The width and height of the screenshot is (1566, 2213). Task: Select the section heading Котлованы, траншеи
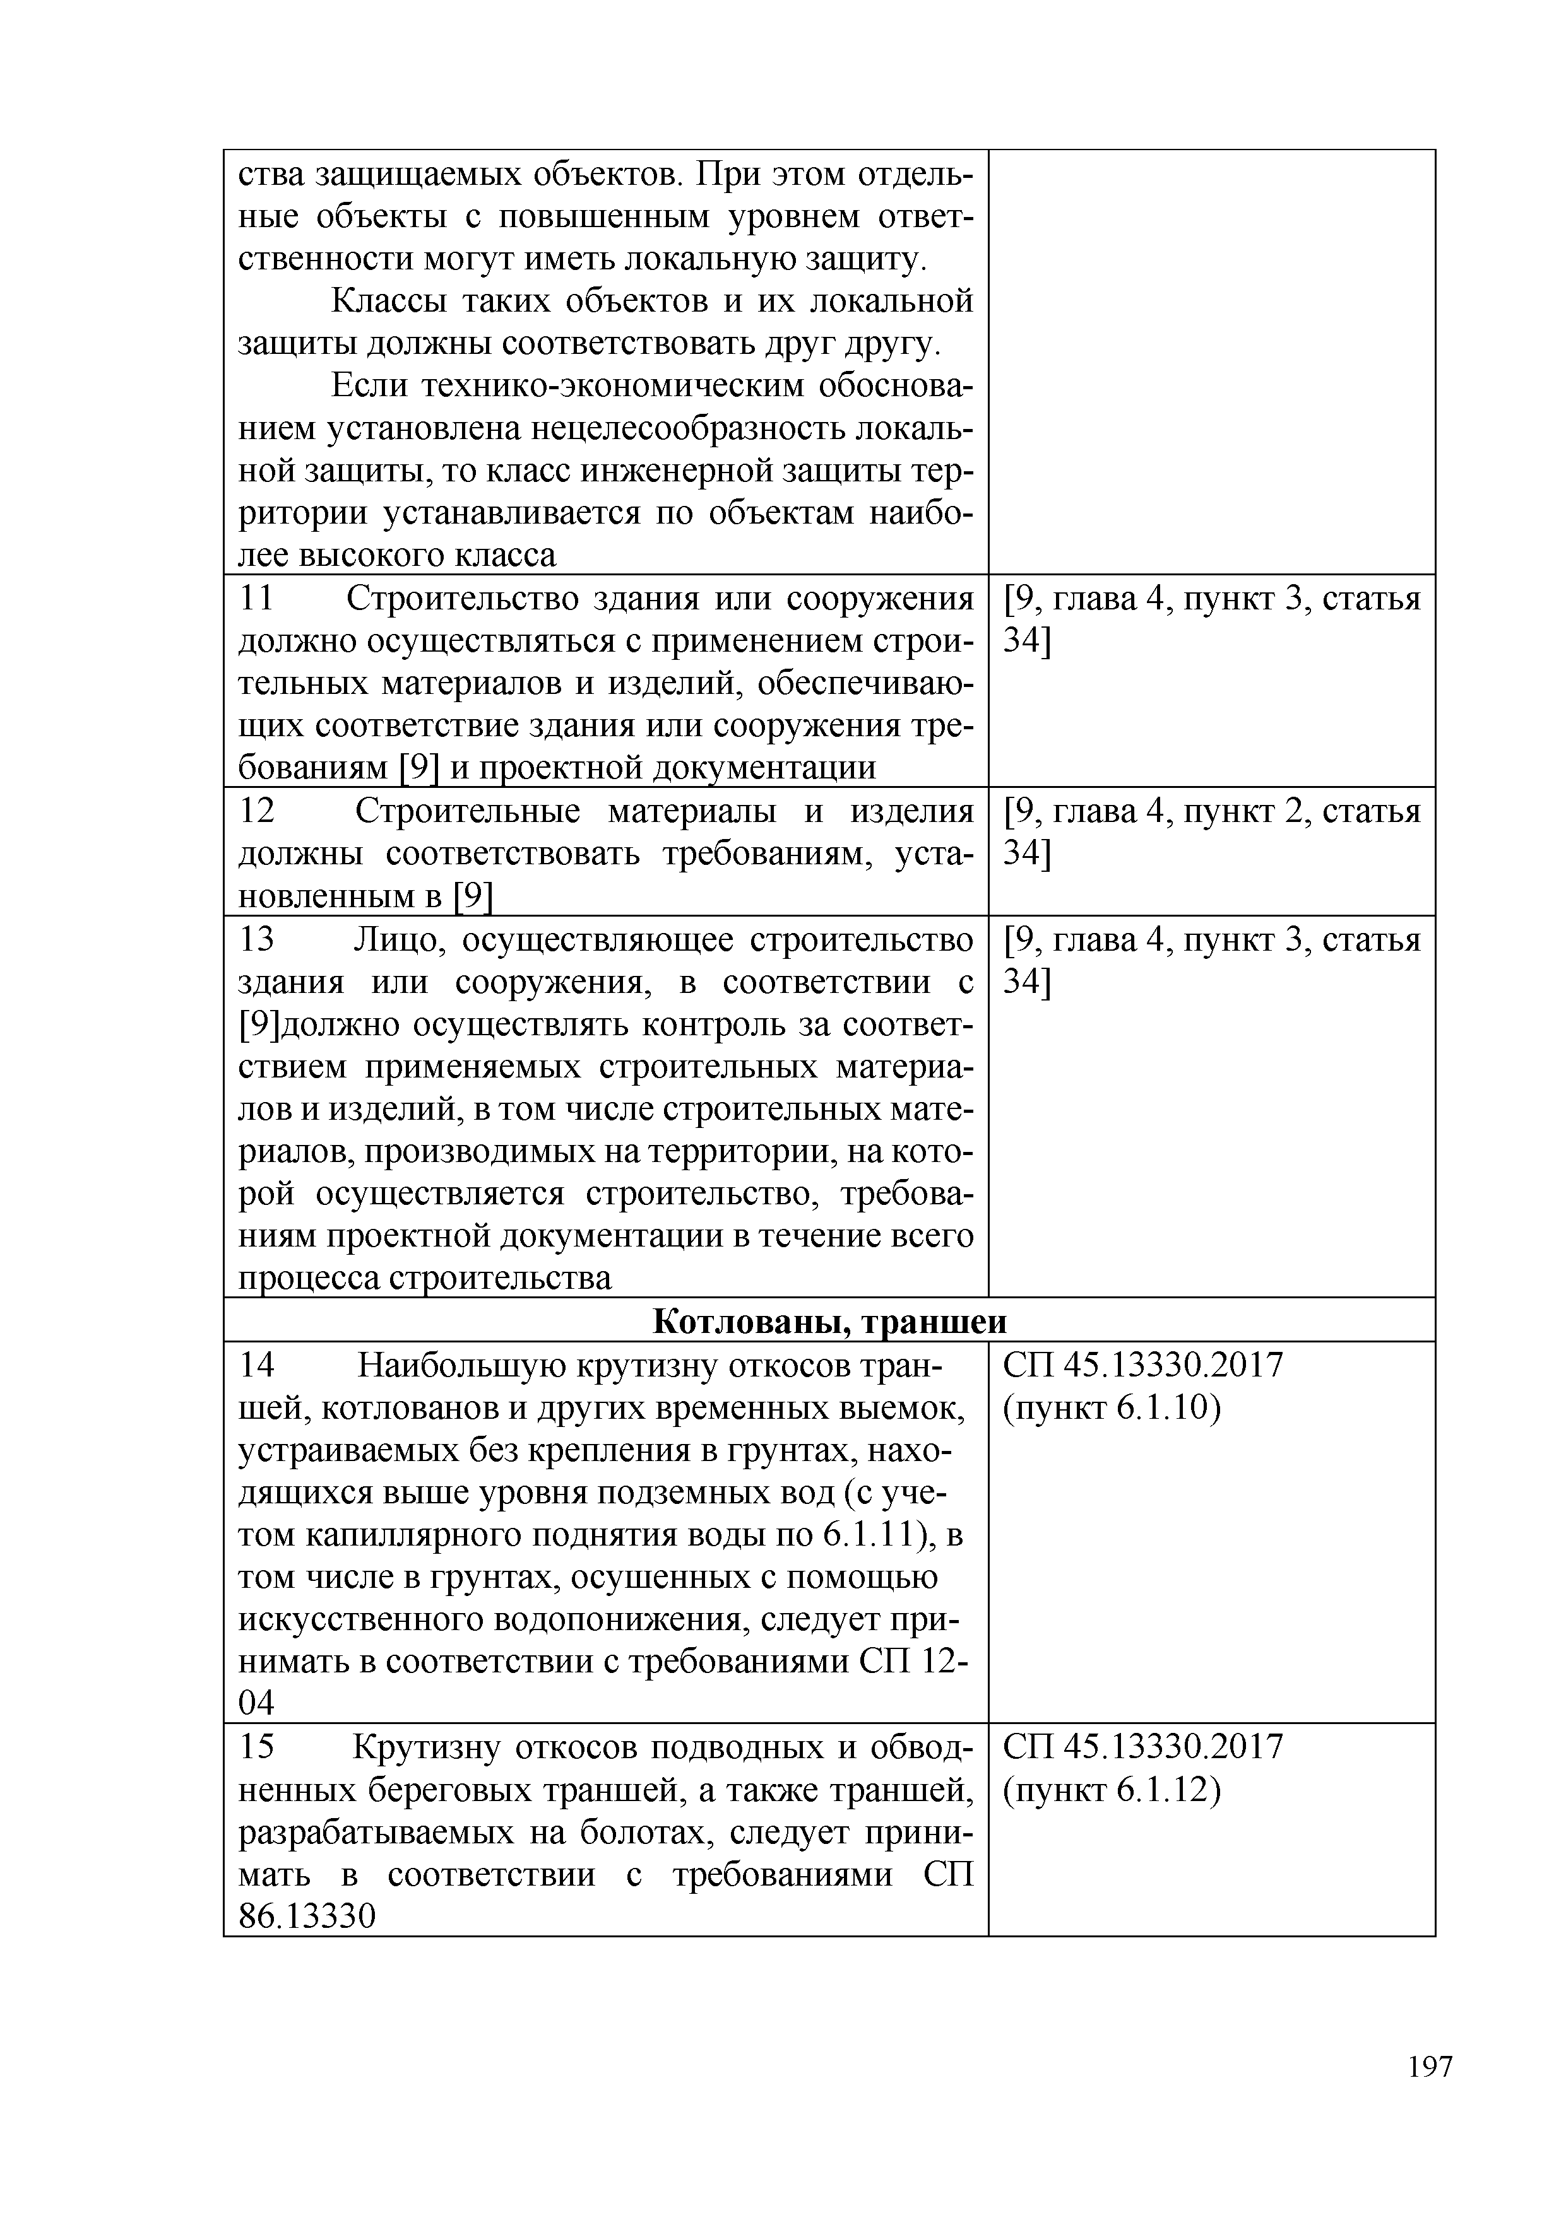pos(829,1322)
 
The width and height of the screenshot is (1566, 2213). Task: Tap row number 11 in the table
pos(256,599)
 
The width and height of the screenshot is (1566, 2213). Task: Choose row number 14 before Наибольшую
pos(256,1366)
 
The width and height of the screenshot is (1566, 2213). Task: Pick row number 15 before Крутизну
pos(256,1747)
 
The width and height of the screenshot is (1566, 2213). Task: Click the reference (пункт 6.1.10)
pos(1112,1409)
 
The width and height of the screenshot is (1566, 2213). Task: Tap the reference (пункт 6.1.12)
pos(1112,1790)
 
